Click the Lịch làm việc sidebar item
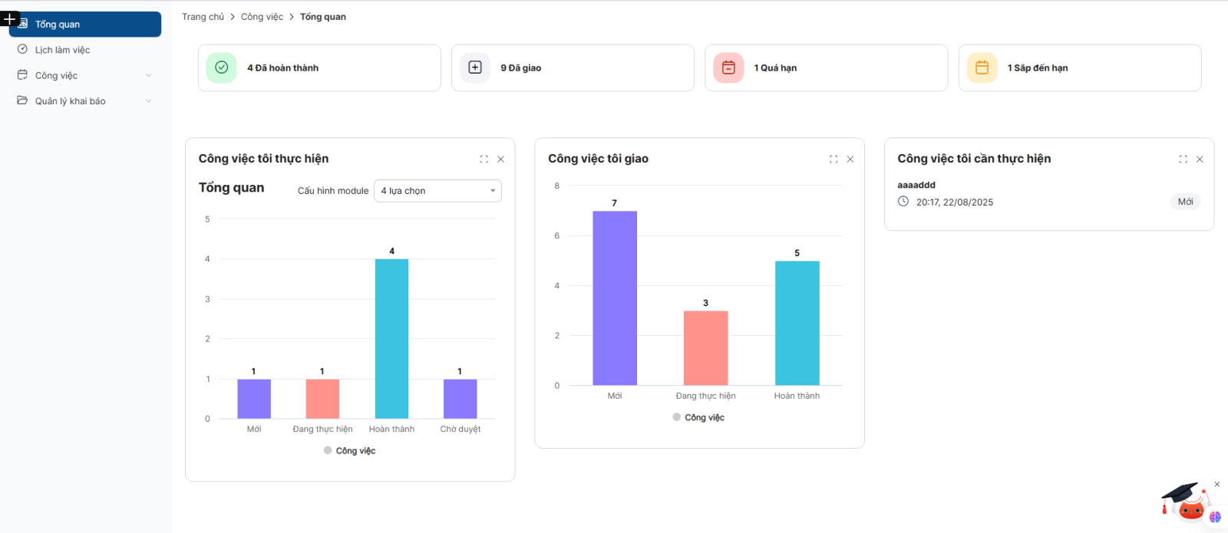(62, 50)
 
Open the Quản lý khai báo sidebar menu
(70, 101)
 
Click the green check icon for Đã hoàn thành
(221, 67)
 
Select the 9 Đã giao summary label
(520, 68)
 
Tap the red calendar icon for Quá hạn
(728, 67)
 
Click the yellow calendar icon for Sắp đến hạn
(982, 67)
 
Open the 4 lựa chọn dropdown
(437, 191)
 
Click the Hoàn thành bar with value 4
(391, 338)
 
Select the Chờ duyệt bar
(460, 399)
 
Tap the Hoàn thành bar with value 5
(797, 323)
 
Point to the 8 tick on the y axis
(557, 186)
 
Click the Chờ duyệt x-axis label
(460, 429)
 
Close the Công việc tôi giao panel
(850, 160)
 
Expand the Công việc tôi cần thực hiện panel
(1183, 160)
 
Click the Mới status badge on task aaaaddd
(1185, 202)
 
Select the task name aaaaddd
(916, 185)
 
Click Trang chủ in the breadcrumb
(203, 17)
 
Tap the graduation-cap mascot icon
(1184, 501)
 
